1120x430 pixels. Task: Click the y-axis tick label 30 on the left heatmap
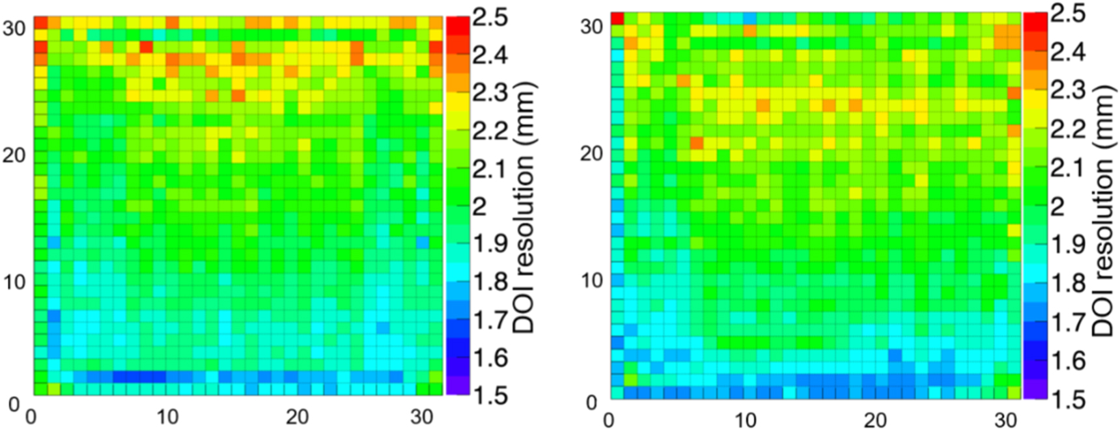coord(14,28)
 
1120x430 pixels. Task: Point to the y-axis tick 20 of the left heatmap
coord(14,155)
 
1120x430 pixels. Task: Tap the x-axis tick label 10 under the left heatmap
coord(167,416)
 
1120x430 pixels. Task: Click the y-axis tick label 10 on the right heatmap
coord(593,280)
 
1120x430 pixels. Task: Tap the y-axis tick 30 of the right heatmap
coord(593,27)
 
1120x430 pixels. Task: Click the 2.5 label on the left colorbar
coord(490,16)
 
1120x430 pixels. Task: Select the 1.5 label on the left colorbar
coord(490,395)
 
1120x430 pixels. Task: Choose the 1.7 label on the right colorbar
coord(1068,322)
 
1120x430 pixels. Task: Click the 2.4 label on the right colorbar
coord(1068,51)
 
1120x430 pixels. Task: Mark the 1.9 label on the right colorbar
coord(1068,245)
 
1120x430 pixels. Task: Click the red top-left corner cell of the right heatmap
coord(617,18)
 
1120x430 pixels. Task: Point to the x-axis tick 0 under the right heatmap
coord(608,420)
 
